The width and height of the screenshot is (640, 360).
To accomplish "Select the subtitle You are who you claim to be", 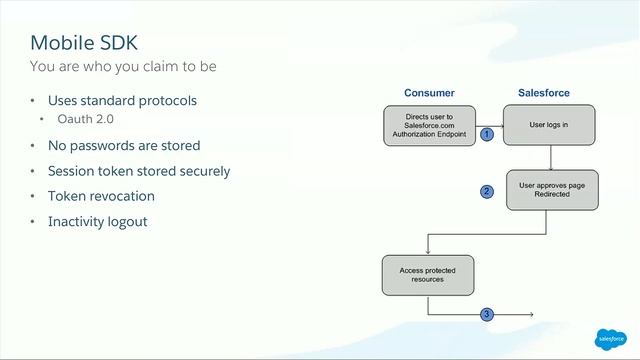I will (123, 67).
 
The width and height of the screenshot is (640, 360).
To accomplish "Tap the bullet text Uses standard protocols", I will (122, 101).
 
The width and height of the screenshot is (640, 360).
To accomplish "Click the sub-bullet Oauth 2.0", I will (85, 119).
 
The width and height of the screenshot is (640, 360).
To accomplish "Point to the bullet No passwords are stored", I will (124, 145).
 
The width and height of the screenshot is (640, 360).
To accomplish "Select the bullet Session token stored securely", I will (139, 171).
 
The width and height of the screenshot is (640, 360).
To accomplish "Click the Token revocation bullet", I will (101, 196).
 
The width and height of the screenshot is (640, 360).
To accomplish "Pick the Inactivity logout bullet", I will (98, 221).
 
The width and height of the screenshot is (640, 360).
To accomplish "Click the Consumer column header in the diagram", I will (429, 93).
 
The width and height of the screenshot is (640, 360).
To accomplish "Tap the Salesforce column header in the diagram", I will (544, 93).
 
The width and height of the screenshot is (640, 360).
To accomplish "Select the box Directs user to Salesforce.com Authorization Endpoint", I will (429, 126).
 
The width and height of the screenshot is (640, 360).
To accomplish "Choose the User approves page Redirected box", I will (551, 190).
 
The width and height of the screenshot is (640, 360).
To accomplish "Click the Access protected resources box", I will (428, 274).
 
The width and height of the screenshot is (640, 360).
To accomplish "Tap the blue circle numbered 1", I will (488, 133).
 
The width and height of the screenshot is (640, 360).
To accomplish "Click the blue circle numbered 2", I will (487, 191).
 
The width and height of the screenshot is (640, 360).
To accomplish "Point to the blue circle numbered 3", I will (487, 315).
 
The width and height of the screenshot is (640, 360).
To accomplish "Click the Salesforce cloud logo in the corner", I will (609, 338).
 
